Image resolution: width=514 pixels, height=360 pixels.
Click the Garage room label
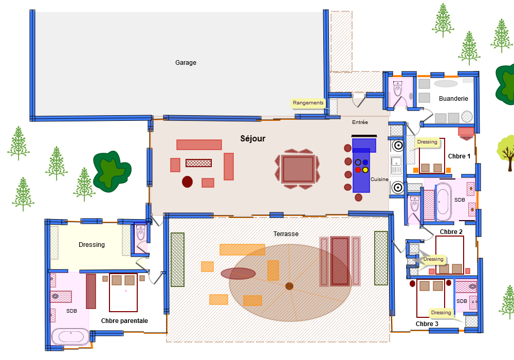[x=186, y=63]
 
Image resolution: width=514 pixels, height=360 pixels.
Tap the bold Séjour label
[x=253, y=139]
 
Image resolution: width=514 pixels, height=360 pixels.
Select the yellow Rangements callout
[x=308, y=103]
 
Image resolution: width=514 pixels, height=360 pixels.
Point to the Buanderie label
[x=453, y=99]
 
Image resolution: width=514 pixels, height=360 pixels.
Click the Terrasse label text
[x=286, y=234]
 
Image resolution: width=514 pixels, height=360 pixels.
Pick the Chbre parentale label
[x=124, y=321]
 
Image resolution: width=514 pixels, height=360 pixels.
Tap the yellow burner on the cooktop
[x=365, y=170]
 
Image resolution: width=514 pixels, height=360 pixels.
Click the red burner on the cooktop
[x=358, y=170]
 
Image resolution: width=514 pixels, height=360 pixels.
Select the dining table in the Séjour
[x=298, y=169]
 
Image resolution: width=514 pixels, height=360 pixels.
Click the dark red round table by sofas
[x=187, y=182]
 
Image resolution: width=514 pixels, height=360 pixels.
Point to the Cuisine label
[x=379, y=179]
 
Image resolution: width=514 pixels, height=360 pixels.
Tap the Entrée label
[x=360, y=122]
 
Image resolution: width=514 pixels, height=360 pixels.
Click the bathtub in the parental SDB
[x=70, y=337]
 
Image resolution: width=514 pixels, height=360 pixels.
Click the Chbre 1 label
[x=459, y=156]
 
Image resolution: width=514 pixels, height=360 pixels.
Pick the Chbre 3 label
[x=427, y=324]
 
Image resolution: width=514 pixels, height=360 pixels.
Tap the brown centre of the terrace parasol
[x=289, y=286]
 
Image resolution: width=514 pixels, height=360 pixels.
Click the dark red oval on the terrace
[x=238, y=273]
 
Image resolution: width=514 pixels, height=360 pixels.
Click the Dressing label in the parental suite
[x=91, y=245]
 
